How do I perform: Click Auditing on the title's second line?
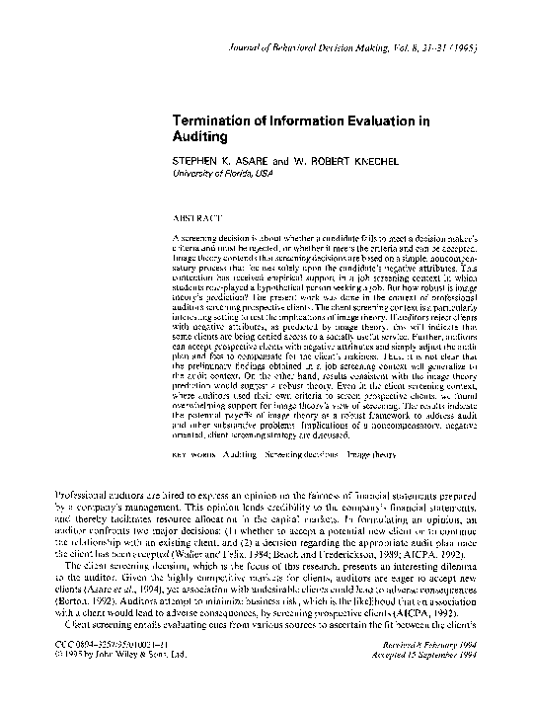click(x=200, y=139)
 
